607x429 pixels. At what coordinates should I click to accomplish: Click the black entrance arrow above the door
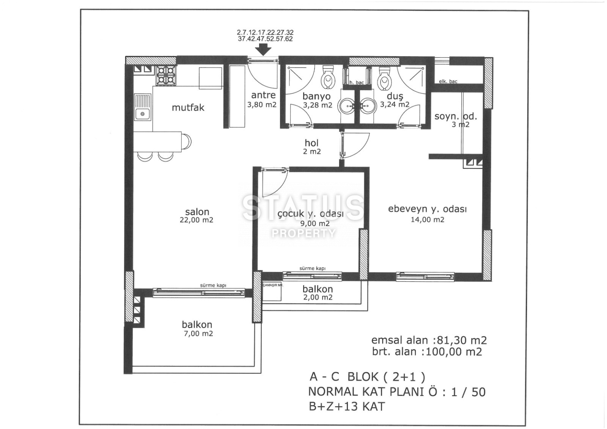[263, 50]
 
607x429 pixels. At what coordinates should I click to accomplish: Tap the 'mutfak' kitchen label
[188, 108]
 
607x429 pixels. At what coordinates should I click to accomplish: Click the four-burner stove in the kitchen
[166, 75]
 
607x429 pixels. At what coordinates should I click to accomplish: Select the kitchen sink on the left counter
[143, 107]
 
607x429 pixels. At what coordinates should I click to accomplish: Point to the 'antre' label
[263, 95]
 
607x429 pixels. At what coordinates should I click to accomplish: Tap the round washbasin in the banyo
[346, 106]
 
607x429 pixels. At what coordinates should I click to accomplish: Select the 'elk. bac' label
[448, 81]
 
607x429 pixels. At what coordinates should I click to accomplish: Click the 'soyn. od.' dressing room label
[456, 116]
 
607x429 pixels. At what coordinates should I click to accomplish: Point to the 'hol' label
[311, 143]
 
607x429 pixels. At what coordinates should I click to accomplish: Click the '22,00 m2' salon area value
[197, 220]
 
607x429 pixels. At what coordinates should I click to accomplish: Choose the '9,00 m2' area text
[315, 223]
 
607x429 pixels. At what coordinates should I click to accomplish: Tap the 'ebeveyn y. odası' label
[427, 209]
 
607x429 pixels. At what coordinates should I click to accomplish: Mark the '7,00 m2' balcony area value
[198, 334]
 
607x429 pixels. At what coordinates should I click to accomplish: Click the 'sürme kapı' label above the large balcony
[213, 285]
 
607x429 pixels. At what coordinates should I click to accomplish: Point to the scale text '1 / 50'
[468, 392]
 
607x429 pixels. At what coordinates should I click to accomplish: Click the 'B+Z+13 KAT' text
[347, 407]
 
